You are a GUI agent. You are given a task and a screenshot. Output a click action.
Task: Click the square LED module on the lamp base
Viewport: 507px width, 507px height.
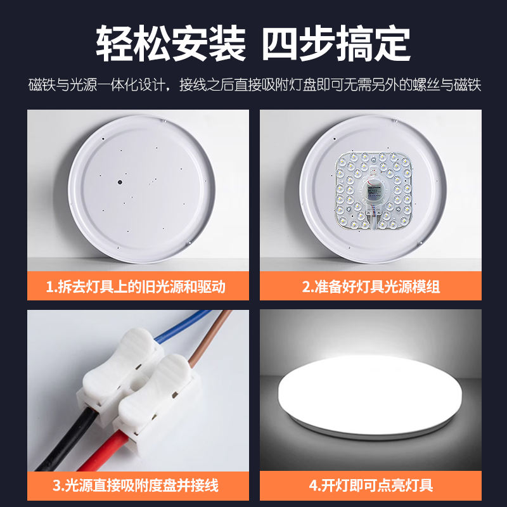point(373,191)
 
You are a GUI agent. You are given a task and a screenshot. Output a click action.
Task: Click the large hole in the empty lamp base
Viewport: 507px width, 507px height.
point(120,182)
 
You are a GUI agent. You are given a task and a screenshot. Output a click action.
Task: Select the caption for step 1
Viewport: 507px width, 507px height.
point(136,286)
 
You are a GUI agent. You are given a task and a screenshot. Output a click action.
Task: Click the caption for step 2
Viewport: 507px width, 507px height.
point(371,286)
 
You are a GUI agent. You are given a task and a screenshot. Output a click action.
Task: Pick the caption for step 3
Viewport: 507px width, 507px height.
point(136,485)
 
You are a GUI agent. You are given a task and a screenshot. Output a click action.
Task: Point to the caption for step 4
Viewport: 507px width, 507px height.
point(371,485)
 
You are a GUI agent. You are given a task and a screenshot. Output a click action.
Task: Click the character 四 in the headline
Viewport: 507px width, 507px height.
point(279,43)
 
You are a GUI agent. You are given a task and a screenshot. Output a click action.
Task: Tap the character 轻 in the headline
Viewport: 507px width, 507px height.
point(115,43)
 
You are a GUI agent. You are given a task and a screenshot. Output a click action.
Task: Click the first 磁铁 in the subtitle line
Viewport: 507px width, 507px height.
point(42,85)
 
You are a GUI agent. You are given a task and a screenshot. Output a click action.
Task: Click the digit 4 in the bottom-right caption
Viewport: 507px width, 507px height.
point(313,485)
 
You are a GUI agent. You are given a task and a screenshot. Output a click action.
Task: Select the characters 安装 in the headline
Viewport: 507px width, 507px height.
point(209,43)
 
